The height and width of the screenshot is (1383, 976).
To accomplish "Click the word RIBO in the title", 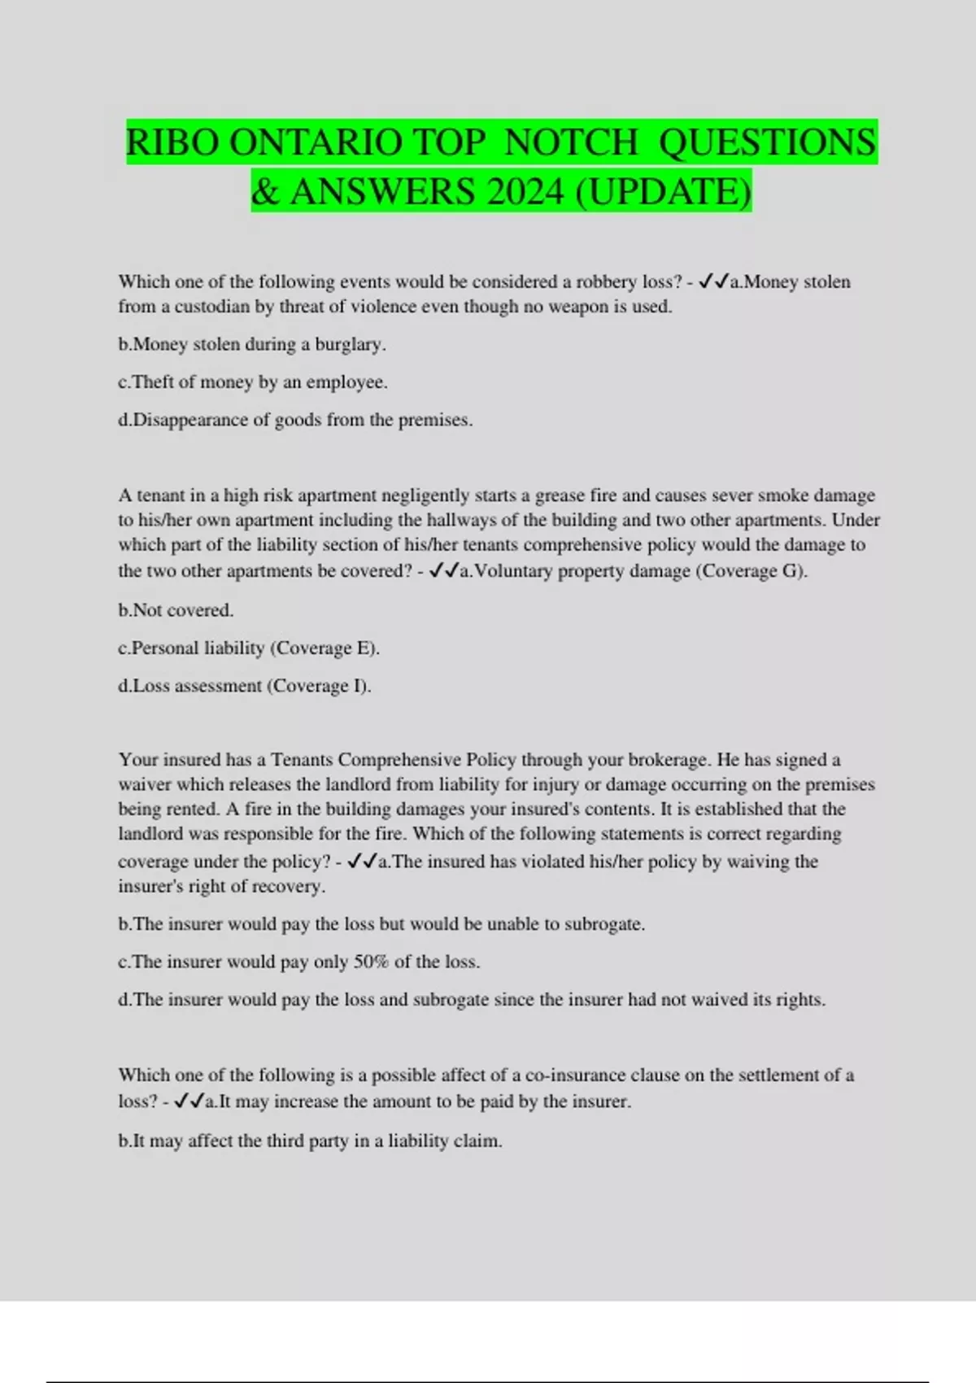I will pos(172,143).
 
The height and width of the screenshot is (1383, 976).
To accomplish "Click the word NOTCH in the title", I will pos(572,143).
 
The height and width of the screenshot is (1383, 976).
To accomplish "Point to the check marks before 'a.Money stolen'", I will pos(713,281).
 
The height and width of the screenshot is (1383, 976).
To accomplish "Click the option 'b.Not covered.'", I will pos(176,610).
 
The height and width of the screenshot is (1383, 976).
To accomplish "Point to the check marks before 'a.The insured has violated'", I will pos(362,862).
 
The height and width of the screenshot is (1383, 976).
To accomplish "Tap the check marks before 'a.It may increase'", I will pos(190,1102).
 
